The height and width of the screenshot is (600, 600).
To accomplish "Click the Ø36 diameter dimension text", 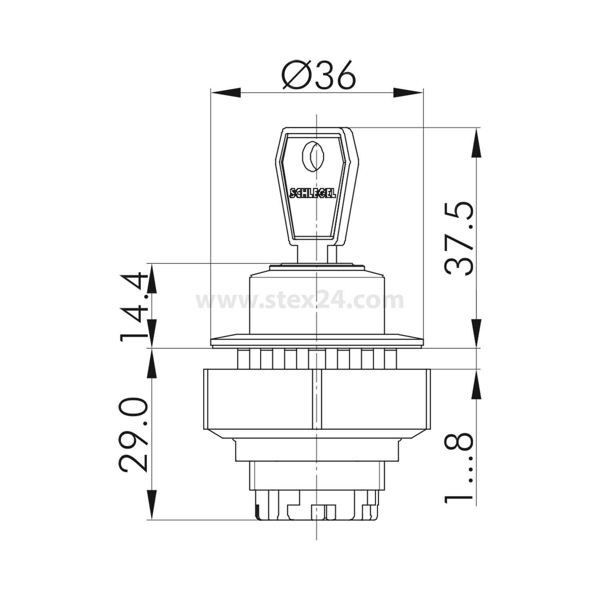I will coord(318,75).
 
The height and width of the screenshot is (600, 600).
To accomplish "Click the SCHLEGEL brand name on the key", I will coord(312,193).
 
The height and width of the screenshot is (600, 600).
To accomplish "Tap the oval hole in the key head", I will coord(313,157).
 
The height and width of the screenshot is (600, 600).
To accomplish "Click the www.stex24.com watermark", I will coord(300,300).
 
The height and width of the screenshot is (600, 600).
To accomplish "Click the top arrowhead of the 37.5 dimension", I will coord(477,143).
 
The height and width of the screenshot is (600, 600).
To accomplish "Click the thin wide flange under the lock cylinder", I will coord(316,341).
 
